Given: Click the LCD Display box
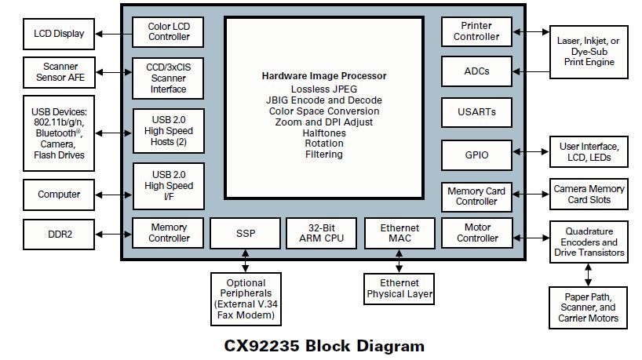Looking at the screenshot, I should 59,34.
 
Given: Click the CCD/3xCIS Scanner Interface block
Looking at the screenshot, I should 169,78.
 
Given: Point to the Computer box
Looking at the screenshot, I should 59,195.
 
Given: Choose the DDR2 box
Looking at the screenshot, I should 59,233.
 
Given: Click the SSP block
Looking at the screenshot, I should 246,233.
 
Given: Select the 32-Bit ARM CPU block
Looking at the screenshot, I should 321,233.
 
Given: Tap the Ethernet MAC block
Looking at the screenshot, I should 399,233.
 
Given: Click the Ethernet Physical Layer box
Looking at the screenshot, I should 399,289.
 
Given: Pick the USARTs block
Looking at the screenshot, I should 476,112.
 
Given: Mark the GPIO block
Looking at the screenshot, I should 476,155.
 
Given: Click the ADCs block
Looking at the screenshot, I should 476,71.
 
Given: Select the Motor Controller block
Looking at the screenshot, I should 476,233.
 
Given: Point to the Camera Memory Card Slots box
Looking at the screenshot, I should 589,195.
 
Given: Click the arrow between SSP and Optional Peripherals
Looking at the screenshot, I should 246,260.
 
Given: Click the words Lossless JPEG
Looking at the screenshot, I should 324,89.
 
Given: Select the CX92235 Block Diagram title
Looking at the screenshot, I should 324,346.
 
